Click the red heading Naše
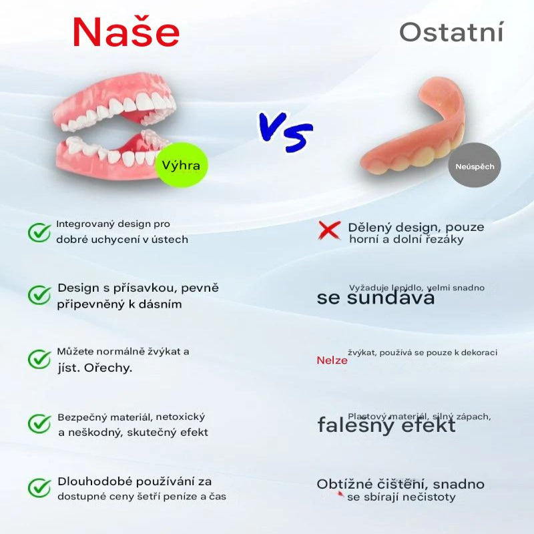[x=126, y=31]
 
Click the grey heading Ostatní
[x=451, y=31]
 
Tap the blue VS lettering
[x=285, y=129]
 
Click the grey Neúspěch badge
[x=475, y=166]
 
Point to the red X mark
[x=328, y=231]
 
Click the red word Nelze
[x=332, y=360]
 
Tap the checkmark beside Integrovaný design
[x=39, y=232]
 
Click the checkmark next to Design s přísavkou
[x=39, y=294]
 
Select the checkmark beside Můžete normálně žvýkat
[x=39, y=358]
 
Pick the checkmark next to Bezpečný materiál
[x=39, y=423]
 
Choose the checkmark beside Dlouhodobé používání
[x=39, y=487]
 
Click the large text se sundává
[x=376, y=298]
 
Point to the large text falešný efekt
[x=386, y=425]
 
